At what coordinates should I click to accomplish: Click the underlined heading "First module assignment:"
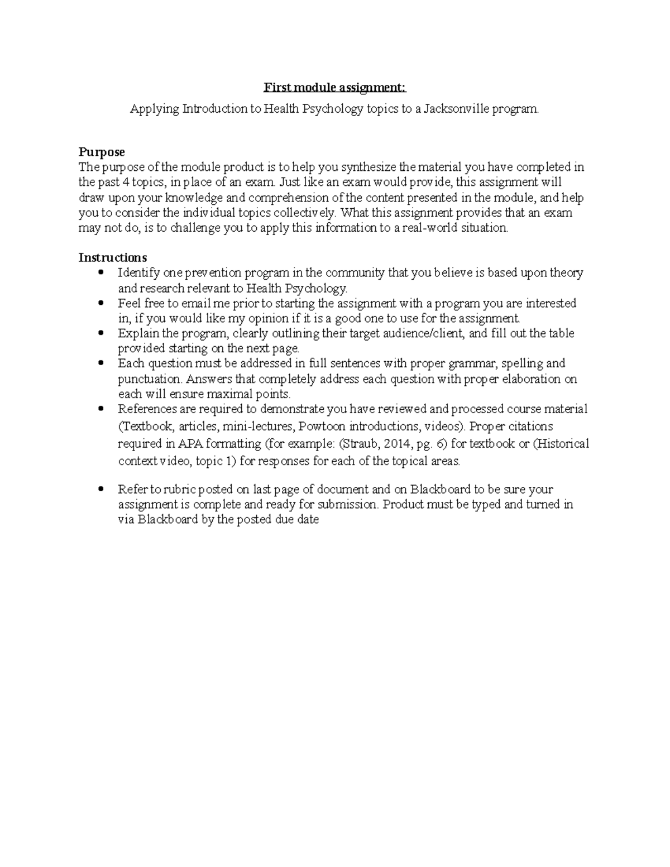(x=335, y=88)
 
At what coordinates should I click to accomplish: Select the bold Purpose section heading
(x=102, y=152)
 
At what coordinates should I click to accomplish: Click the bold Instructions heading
(x=113, y=257)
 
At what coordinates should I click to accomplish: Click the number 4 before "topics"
(x=125, y=182)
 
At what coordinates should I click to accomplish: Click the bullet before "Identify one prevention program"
(x=101, y=273)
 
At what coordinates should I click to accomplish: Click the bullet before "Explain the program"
(x=101, y=333)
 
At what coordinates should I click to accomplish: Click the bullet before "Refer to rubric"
(x=101, y=490)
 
